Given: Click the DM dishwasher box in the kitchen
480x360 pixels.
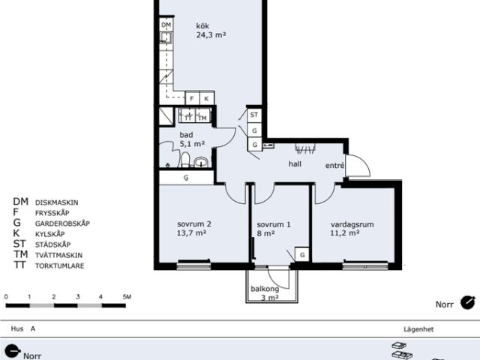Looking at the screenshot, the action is (x=166, y=25).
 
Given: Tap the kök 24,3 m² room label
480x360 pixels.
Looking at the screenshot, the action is (x=211, y=30).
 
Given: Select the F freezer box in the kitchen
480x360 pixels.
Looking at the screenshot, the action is (x=192, y=98).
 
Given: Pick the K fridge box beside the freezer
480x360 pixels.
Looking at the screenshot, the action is (x=207, y=98).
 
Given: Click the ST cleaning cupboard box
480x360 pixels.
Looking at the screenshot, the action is (x=254, y=115).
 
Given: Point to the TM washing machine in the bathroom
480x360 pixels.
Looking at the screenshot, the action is (x=202, y=116).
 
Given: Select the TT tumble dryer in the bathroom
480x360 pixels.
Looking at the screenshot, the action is (x=188, y=116).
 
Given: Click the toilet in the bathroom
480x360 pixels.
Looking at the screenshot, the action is (x=185, y=160).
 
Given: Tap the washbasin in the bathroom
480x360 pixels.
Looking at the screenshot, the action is (x=201, y=162).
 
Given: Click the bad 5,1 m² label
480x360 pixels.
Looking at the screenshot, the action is (x=192, y=139).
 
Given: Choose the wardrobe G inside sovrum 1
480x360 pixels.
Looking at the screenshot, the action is (x=302, y=254).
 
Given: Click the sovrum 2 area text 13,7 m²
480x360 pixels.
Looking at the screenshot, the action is (x=191, y=233).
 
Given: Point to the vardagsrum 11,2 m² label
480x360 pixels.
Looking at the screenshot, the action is (x=352, y=229).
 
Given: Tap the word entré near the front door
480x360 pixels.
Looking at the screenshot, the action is (x=334, y=165).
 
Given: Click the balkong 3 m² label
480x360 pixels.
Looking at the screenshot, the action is (x=265, y=293).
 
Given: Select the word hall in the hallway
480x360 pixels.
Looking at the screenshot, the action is (x=295, y=164).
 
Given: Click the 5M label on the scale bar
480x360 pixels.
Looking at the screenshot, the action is (x=127, y=297).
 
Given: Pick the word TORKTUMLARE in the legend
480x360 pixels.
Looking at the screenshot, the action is (x=60, y=265).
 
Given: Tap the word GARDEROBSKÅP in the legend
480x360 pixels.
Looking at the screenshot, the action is (x=62, y=223).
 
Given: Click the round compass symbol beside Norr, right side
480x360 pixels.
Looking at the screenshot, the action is (x=468, y=303).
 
